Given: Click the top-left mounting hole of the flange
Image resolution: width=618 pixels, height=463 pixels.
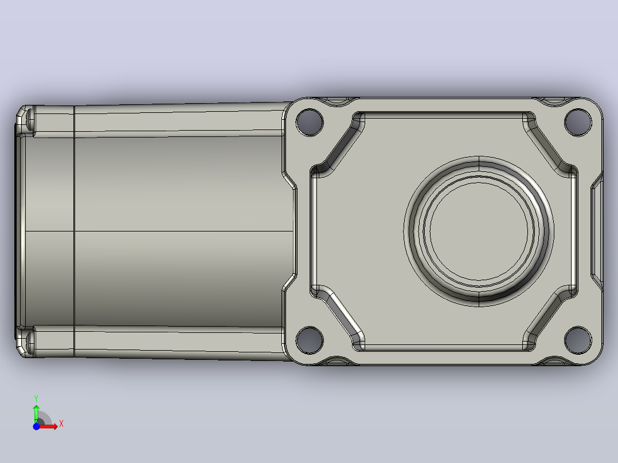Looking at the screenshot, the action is coord(310,122).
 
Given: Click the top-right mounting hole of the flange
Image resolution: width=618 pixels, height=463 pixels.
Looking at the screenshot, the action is coord(578,122).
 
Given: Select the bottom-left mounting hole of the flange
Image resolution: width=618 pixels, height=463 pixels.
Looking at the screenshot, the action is coord(310,340).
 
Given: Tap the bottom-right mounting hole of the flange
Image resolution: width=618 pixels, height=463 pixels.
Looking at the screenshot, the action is coord(578,340).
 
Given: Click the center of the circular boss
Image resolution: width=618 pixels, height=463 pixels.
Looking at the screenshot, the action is coord(479,231).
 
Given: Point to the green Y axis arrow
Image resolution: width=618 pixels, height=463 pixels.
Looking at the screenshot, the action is coord(36,413).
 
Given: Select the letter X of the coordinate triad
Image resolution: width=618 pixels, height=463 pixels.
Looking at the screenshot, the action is coord(61,424).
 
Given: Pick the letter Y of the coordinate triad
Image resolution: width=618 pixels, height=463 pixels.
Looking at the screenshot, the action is coord(36,398).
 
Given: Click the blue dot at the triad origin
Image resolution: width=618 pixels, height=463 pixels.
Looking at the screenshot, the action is coord(36,426).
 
